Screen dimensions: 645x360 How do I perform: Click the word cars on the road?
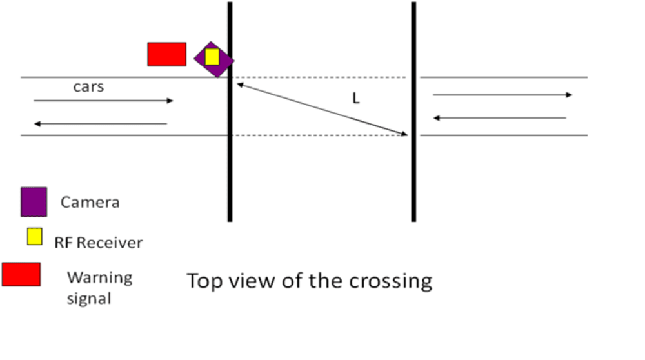click(x=88, y=87)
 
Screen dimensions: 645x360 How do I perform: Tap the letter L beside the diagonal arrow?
click(x=355, y=99)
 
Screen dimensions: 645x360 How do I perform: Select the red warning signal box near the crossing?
click(x=166, y=54)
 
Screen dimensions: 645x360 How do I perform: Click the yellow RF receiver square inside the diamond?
click(x=212, y=57)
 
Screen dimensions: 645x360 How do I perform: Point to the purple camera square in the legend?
click(x=34, y=202)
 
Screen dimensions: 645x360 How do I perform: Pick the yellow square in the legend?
click(x=34, y=237)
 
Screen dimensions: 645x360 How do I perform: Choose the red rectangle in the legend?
click(x=21, y=274)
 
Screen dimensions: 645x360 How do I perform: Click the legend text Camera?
click(x=90, y=203)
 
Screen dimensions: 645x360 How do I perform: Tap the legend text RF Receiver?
click(x=98, y=243)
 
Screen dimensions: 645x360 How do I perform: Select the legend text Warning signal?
click(x=99, y=288)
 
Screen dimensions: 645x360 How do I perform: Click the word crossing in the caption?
click(x=390, y=281)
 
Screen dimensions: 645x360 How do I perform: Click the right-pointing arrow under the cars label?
click(x=103, y=101)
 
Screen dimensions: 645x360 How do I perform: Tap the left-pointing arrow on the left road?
click(x=100, y=123)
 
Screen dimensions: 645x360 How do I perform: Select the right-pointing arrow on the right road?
click(x=502, y=95)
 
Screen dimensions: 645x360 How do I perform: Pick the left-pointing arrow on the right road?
click(x=499, y=118)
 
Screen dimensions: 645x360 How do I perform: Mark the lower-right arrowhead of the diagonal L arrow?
click(x=404, y=134)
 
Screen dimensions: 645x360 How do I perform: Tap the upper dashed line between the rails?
click(x=321, y=77)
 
